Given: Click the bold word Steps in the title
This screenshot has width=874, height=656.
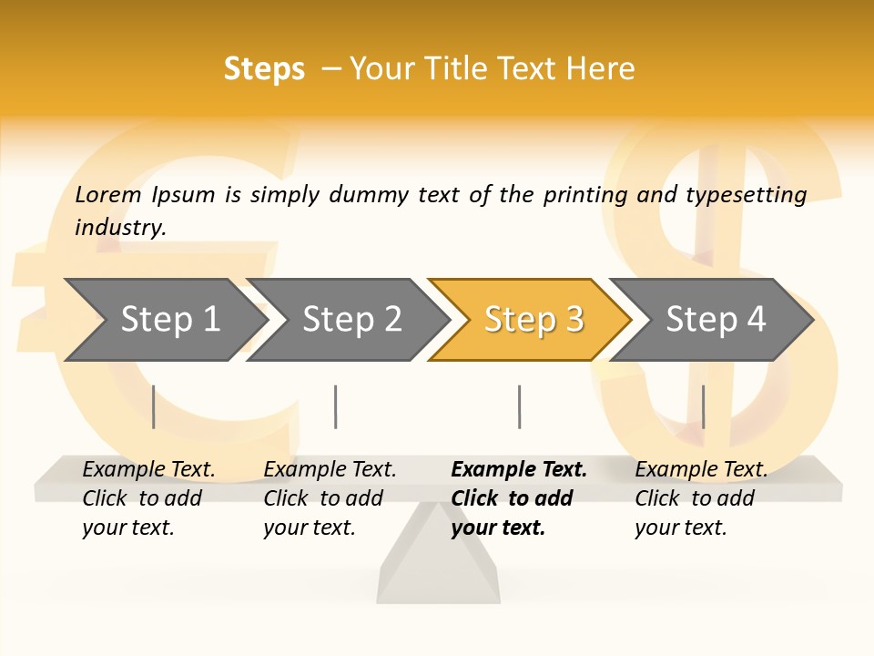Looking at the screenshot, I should [x=264, y=69].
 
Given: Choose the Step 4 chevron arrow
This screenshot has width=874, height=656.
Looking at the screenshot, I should [x=713, y=320].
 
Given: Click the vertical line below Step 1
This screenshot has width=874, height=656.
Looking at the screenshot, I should [x=154, y=406].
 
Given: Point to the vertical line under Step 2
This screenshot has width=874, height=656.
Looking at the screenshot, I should [x=336, y=406].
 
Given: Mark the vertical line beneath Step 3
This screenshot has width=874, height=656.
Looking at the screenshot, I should [x=519, y=406].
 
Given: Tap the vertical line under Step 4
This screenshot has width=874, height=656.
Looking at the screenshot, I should [x=703, y=406].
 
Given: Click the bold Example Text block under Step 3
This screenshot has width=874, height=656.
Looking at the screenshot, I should [x=518, y=498].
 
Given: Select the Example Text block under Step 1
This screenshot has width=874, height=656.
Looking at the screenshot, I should [x=148, y=498].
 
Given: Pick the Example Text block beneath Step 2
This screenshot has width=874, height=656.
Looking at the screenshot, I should [x=330, y=498].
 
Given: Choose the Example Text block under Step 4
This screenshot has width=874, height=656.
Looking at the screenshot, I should [x=701, y=498].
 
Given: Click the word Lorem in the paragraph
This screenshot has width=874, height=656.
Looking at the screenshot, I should [x=107, y=195].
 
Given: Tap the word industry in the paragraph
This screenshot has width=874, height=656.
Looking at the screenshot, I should [x=119, y=228].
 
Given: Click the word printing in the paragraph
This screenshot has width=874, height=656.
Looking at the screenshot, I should [x=584, y=195].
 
